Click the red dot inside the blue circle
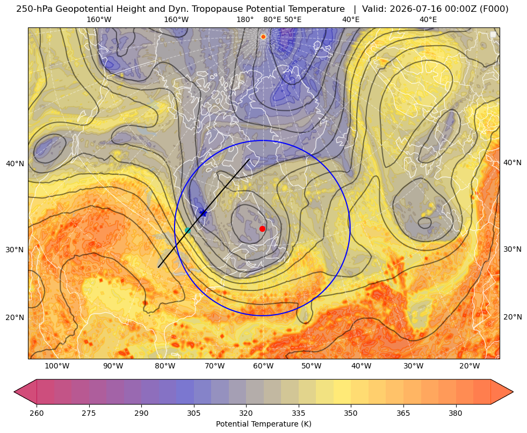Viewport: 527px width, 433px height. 263,229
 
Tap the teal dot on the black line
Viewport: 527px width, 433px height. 187,230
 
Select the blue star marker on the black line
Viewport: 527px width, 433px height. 203,212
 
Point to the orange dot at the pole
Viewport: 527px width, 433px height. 263,37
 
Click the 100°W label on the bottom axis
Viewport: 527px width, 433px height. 57,366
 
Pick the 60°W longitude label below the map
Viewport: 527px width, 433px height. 263,366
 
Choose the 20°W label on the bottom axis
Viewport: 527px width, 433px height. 470,366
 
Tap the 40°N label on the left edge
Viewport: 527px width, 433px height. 15,164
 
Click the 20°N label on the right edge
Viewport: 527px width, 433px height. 512,317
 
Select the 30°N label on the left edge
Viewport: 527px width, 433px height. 15,250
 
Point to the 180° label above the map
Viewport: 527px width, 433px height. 245,19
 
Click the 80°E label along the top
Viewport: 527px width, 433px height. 272,19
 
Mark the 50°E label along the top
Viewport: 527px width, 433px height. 293,19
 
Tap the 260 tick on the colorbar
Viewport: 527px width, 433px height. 37,413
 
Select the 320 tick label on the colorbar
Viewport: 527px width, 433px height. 246,413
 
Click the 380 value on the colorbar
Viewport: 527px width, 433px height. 456,413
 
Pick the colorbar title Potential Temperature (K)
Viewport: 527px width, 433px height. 263,424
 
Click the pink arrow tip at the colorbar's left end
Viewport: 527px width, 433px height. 15,392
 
